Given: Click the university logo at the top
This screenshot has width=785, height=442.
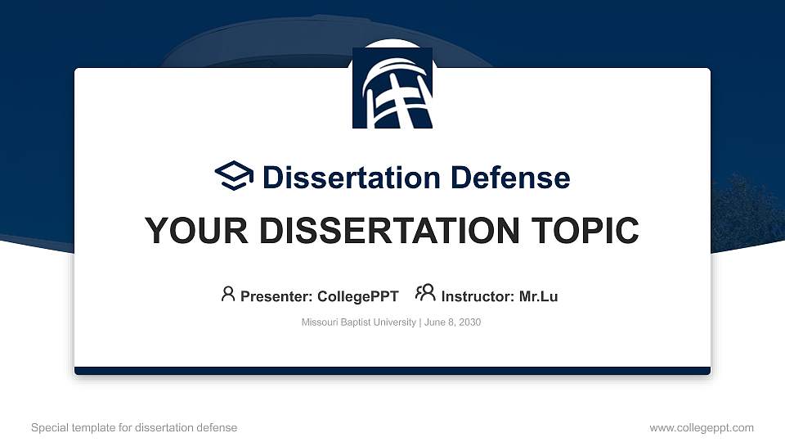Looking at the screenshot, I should click(x=392, y=88).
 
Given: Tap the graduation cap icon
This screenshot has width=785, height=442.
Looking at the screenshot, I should click(x=235, y=176).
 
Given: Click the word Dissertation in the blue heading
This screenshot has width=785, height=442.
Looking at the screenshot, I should click(x=341, y=178).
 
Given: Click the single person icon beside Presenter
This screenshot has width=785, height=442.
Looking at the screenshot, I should click(x=228, y=294).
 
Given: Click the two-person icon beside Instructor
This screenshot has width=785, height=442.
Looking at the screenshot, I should click(x=425, y=294).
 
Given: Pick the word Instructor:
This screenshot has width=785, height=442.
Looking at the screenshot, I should click(x=478, y=296).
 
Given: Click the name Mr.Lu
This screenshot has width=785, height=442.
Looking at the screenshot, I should click(x=539, y=296).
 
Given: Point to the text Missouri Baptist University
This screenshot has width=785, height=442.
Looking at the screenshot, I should click(x=359, y=322).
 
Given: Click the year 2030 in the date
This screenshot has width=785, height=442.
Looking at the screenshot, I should click(x=469, y=322).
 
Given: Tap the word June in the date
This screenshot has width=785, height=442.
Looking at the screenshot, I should click(x=434, y=322).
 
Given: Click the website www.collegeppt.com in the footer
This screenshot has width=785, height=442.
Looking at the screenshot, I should click(x=702, y=427).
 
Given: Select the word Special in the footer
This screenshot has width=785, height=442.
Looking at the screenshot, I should click(x=48, y=427).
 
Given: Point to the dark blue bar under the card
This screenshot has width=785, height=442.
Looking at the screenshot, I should click(x=392, y=371).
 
